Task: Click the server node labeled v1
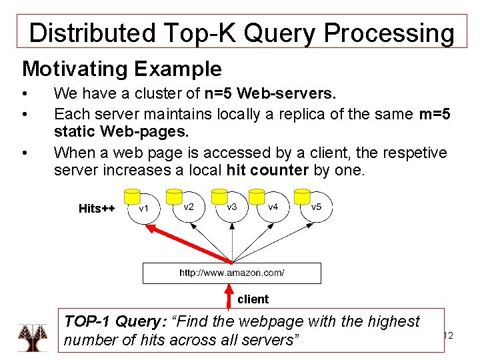(143, 209)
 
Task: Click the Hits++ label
(97, 209)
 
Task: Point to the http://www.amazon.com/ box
(231, 273)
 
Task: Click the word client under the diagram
(253, 299)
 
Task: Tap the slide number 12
(448, 336)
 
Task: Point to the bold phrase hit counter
(267, 170)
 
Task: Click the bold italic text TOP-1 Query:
(115, 321)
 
